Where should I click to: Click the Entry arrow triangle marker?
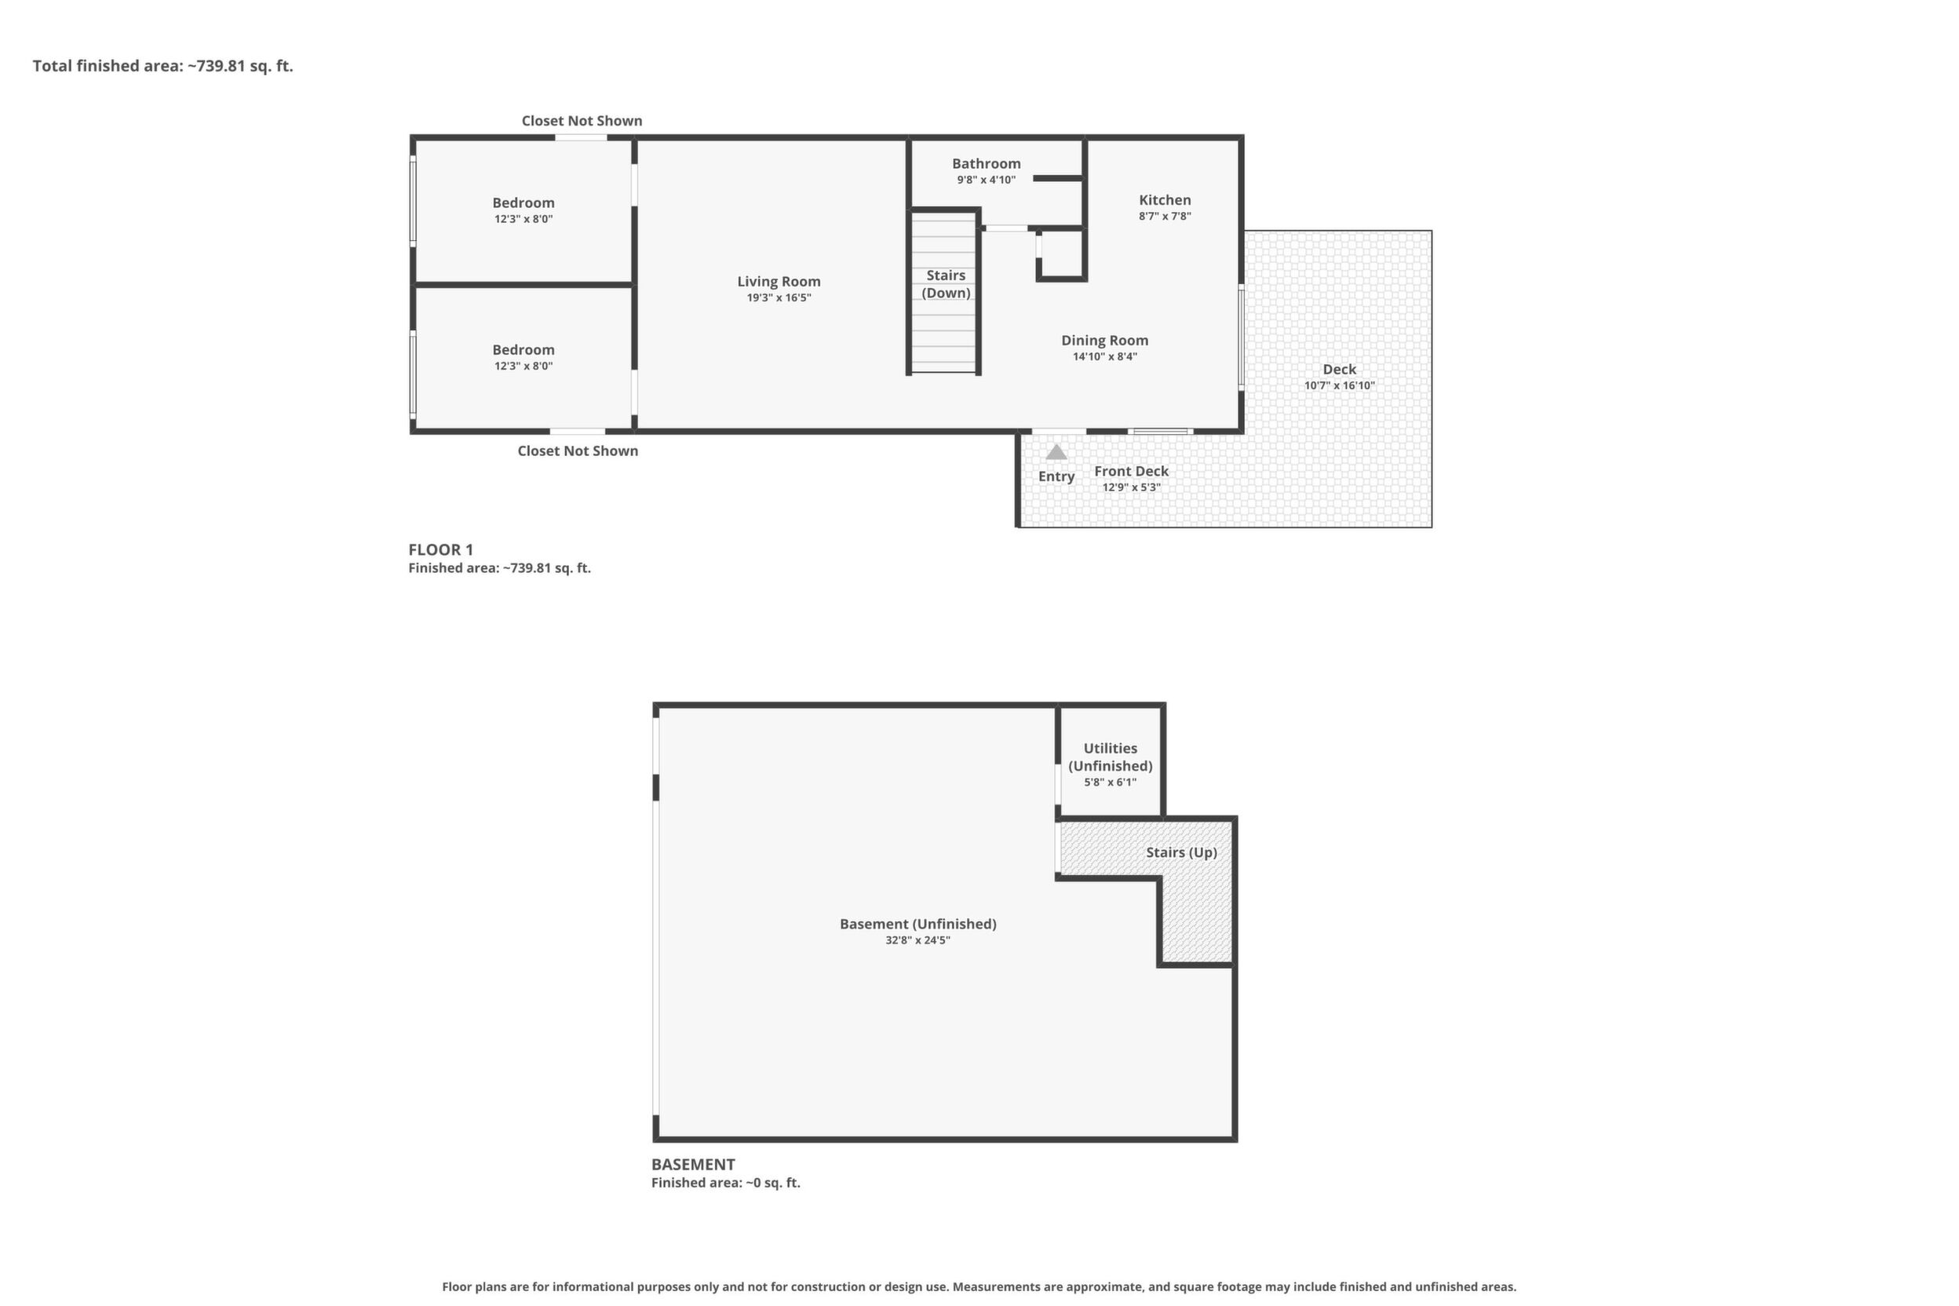1056,452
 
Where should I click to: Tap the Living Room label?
779,282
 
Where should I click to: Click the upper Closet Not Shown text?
582,121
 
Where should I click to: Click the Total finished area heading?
163,66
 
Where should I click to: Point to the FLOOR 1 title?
440,549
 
